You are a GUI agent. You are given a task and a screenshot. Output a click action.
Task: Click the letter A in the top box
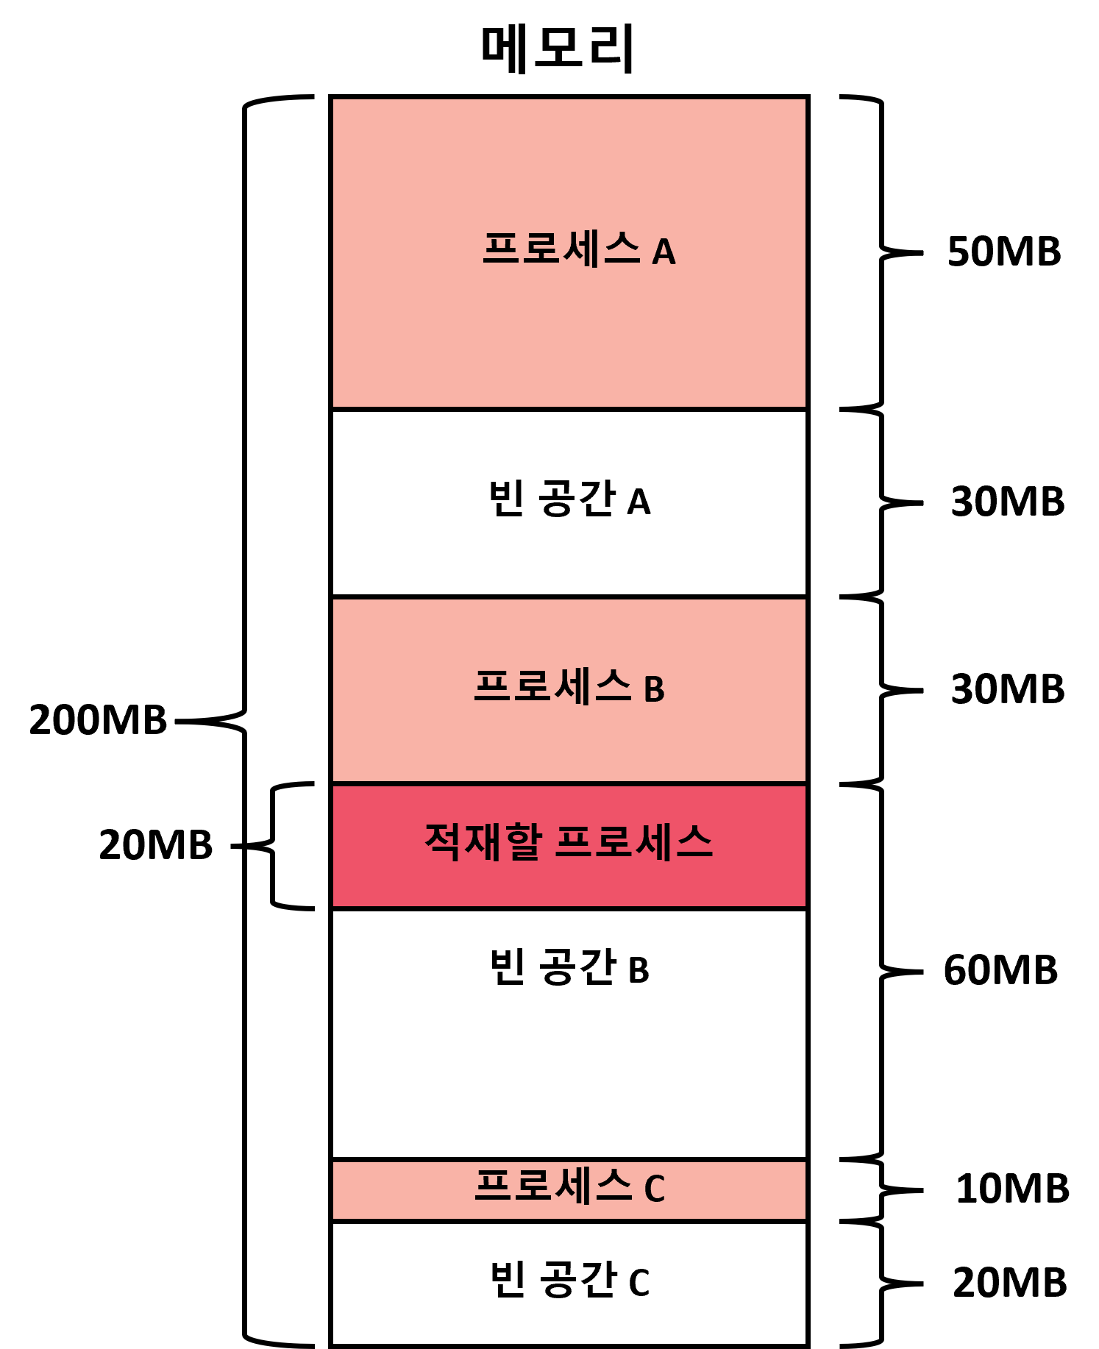pos(664,252)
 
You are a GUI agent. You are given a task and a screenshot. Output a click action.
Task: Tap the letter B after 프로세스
pos(654,690)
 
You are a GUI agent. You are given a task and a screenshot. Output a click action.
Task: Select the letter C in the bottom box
pos(654,1189)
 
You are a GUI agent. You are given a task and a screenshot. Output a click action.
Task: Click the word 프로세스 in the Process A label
pos(561,249)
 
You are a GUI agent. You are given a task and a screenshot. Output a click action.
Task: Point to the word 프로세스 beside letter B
pos(552,686)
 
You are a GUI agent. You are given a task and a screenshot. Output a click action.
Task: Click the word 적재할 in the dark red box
pos(483,841)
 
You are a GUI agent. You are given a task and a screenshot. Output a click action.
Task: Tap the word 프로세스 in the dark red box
pos(633,841)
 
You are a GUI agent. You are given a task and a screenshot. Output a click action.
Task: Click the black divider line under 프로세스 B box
pos(569,783)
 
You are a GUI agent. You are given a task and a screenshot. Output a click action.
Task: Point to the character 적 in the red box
pos(443,841)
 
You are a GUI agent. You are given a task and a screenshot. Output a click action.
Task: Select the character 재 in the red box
pos(483,841)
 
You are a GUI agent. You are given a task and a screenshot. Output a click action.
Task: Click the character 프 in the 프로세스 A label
pos(502,249)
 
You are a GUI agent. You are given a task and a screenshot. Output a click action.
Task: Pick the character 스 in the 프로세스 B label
pos(613,686)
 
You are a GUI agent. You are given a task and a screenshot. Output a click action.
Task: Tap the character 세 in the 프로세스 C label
pos(573,1185)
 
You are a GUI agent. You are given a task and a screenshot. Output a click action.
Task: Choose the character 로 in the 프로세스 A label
pos(541,249)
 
